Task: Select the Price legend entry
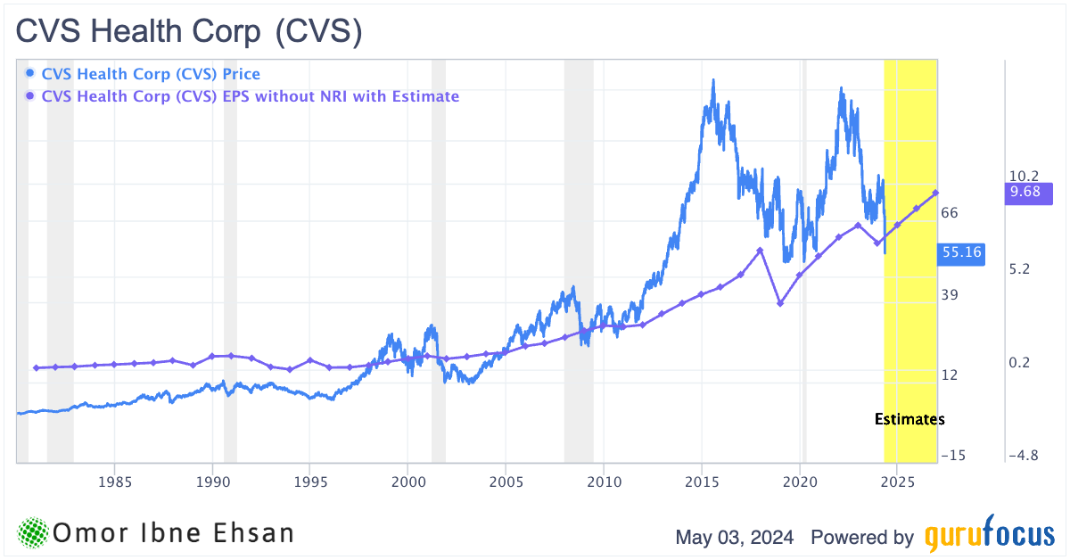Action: point(150,74)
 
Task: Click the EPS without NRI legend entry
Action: point(250,96)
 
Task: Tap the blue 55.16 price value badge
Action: point(961,252)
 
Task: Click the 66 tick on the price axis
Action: point(949,212)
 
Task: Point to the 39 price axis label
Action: point(949,295)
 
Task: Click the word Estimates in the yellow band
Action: point(909,418)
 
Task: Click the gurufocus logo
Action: point(988,537)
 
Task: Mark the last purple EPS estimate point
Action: point(935,193)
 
